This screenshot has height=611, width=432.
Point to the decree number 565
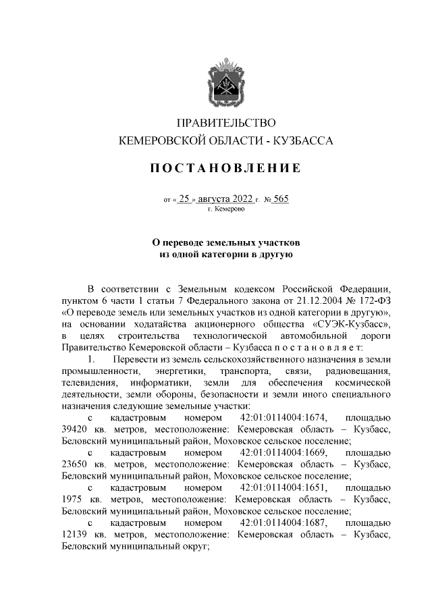point(281,199)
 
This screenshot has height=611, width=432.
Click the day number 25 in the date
point(186,199)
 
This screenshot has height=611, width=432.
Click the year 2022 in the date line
point(238,199)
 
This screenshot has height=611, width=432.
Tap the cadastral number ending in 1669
point(286,452)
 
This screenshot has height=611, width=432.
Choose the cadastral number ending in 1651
point(286,487)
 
